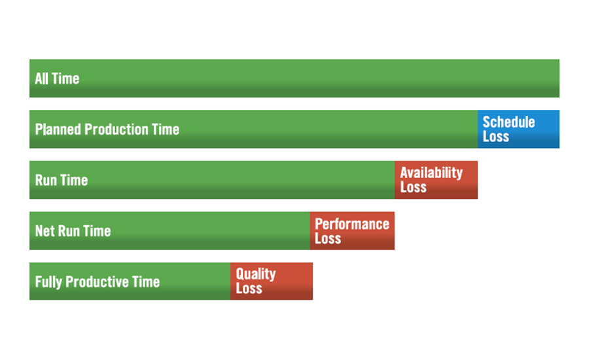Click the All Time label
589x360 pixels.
coord(57,79)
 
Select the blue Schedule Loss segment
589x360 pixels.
coord(518,129)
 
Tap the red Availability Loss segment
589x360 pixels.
coord(436,180)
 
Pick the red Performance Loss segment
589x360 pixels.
coord(352,231)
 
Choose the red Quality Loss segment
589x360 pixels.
coord(272,281)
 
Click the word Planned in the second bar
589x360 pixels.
coord(58,129)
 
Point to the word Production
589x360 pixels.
coord(116,129)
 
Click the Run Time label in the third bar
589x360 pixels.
coord(62,180)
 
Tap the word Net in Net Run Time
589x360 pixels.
coord(45,231)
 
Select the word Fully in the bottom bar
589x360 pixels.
coord(48,282)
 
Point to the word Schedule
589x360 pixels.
coord(509,122)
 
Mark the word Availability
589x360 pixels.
coord(431,173)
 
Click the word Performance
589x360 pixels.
coord(352,224)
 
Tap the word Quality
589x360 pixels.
coord(256,274)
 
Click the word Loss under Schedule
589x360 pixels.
coord(496,136)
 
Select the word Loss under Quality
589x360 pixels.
coord(249,288)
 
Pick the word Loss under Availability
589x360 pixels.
coord(413,187)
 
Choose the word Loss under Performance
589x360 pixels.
coord(328,238)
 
